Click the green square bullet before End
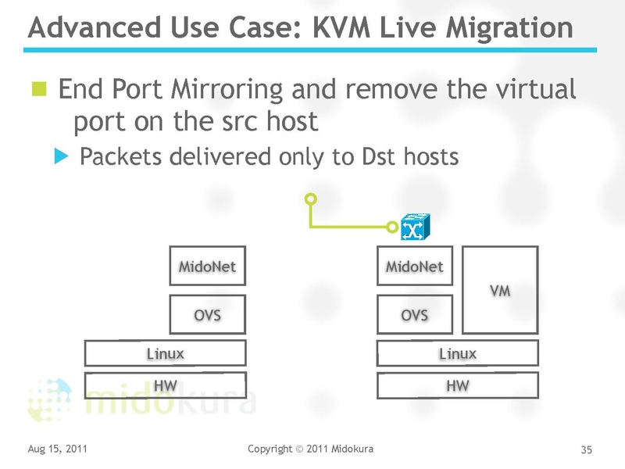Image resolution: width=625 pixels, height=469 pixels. [x=39, y=88]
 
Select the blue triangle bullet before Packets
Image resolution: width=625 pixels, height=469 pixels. [x=62, y=156]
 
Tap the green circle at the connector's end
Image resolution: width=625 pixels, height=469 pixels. [x=310, y=197]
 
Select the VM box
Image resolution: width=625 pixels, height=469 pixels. [x=500, y=290]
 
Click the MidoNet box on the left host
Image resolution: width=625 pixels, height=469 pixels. [x=207, y=267]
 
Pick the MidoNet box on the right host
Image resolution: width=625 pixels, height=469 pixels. [x=415, y=267]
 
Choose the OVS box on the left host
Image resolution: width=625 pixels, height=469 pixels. [x=207, y=314]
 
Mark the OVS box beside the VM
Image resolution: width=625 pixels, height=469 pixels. [x=415, y=314]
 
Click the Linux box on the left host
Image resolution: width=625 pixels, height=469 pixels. [x=166, y=353]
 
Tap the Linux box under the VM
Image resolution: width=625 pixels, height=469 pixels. [x=458, y=353]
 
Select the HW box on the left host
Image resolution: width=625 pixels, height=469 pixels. [x=166, y=385]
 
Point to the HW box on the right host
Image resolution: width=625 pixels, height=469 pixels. [x=458, y=385]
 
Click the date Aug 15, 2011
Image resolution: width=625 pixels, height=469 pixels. [x=57, y=449]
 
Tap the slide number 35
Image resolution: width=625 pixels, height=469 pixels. [x=587, y=449]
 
